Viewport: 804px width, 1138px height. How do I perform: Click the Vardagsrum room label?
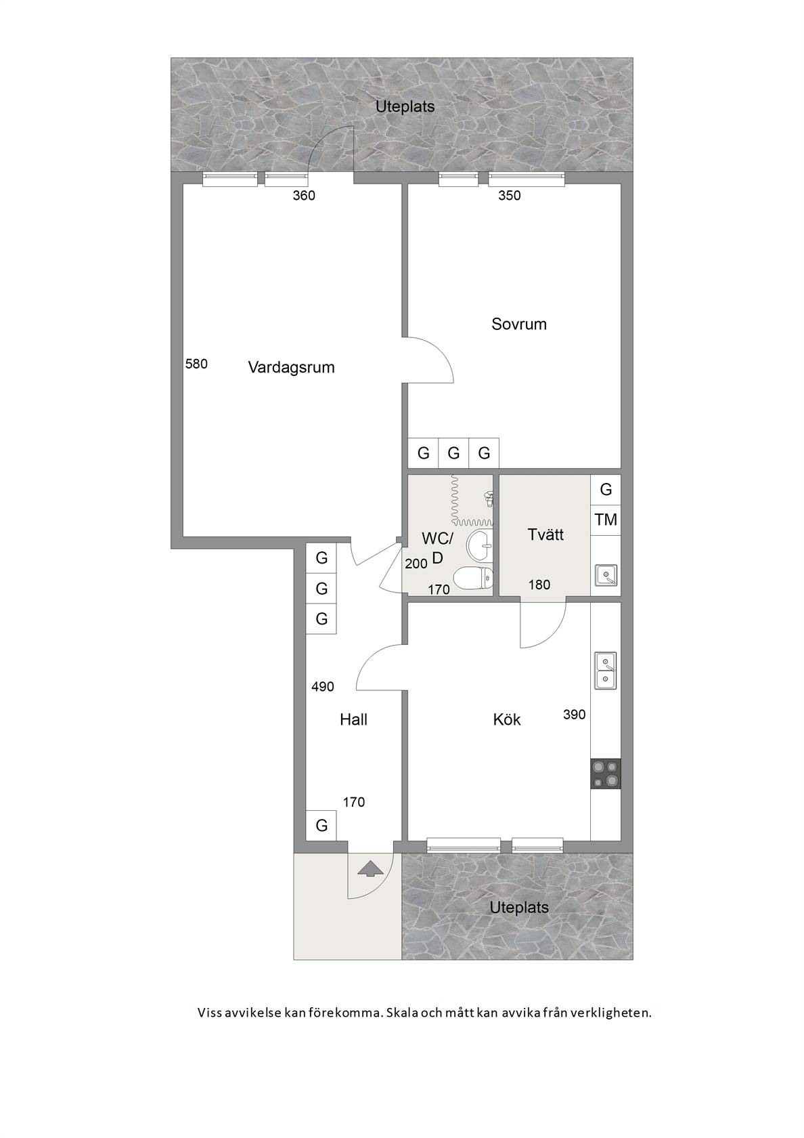click(x=291, y=367)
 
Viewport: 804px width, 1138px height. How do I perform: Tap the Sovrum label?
click(x=518, y=324)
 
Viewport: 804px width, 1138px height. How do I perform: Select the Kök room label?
click(x=506, y=719)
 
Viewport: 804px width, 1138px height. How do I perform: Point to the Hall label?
click(x=354, y=719)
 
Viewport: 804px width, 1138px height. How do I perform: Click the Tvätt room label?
click(x=545, y=534)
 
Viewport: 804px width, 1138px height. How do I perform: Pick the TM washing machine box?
click(x=606, y=520)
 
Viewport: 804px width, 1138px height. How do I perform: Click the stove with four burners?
click(x=606, y=774)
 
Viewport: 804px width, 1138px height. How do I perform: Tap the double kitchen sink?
click(x=606, y=671)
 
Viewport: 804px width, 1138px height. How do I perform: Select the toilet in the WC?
click(x=473, y=578)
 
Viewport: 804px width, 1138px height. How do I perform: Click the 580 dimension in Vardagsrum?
click(x=196, y=364)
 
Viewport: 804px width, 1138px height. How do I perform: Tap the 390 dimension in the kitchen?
click(x=574, y=714)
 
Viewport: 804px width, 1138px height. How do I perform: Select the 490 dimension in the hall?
click(x=323, y=687)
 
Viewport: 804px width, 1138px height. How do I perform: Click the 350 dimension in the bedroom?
click(x=509, y=196)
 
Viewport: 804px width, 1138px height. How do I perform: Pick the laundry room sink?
click(x=606, y=575)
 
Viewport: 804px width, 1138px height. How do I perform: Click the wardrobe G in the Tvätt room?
click(x=606, y=489)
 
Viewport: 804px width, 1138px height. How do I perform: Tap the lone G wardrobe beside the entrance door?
click(x=321, y=825)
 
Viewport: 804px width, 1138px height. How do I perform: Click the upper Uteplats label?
click(x=405, y=107)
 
